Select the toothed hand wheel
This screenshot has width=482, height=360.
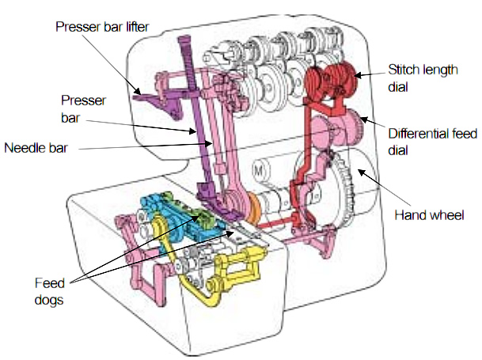(x=348, y=190)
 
